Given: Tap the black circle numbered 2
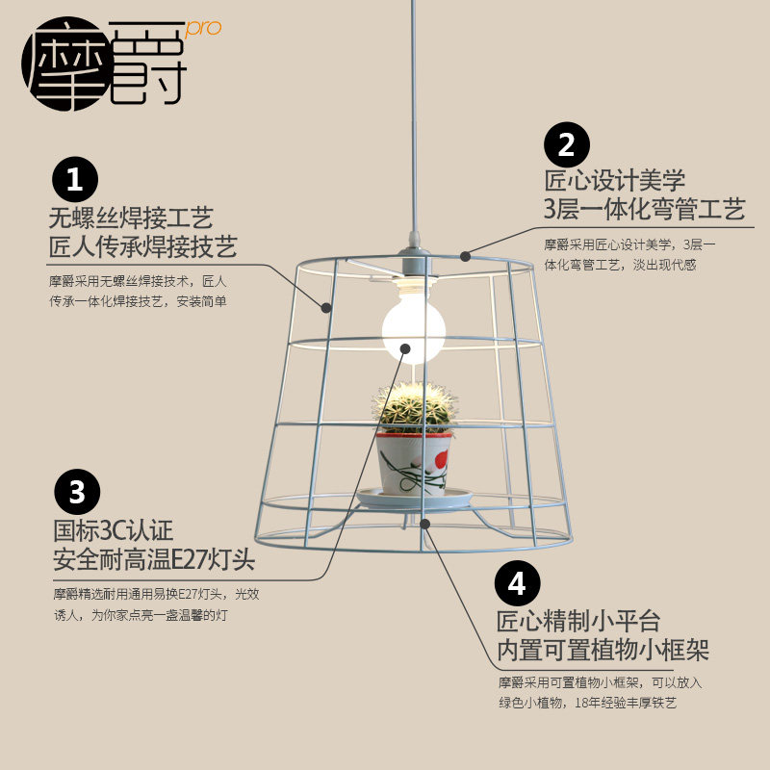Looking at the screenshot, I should tap(567, 145).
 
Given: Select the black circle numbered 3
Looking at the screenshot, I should tap(78, 493).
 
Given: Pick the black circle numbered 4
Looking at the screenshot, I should tap(517, 583).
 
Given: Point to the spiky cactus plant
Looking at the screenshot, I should tap(415, 405).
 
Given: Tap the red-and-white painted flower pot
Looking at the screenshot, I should tap(415, 459).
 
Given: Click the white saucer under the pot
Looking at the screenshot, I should tap(415, 498).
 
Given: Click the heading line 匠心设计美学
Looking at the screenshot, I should tap(614, 180).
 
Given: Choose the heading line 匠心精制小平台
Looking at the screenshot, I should tap(578, 622).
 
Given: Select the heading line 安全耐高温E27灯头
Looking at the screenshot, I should tap(155, 559).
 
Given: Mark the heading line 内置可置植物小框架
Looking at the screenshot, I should tap(603, 651).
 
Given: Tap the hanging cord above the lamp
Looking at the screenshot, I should tap(414, 115).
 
